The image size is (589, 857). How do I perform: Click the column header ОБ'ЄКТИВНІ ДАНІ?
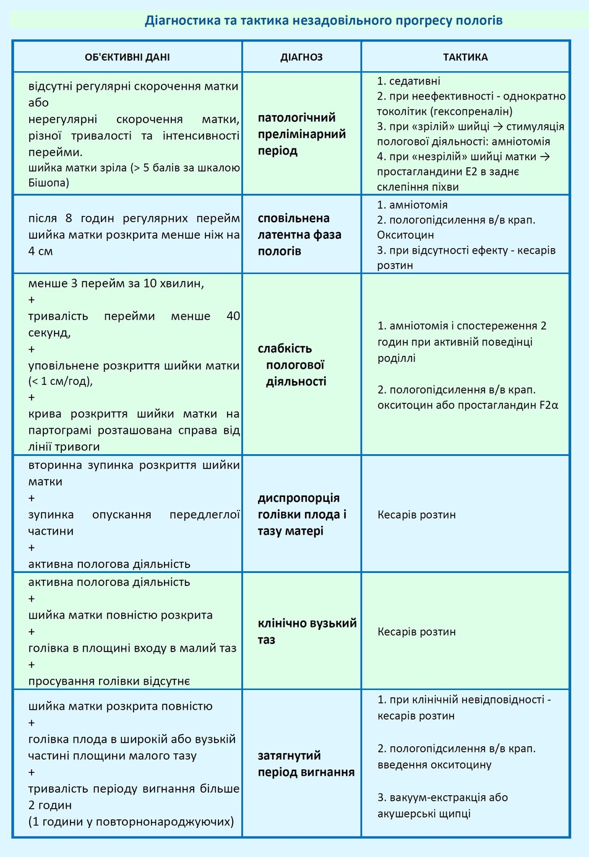pos(127,57)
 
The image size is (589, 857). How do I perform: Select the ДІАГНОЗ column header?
pos(301,57)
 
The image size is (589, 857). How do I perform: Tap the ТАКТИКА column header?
pos(465,57)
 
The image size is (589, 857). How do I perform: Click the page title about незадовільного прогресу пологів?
pos(324,20)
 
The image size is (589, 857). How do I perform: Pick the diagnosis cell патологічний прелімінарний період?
pos(301,134)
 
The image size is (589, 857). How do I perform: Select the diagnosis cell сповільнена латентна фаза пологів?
pos(299,235)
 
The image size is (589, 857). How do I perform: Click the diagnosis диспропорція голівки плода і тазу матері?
pos(301,514)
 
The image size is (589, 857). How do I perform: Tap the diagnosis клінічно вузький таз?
pos(307,631)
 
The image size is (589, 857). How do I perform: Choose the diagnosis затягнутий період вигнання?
pos(306,764)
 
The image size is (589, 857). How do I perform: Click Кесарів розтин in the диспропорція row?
pos(416,514)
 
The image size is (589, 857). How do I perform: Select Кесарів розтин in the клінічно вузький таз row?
pos(416,632)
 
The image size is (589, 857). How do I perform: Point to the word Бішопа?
pos(49,183)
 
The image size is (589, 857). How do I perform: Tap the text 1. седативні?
pos(409,81)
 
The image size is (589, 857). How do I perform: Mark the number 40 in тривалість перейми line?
pos(233,316)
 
